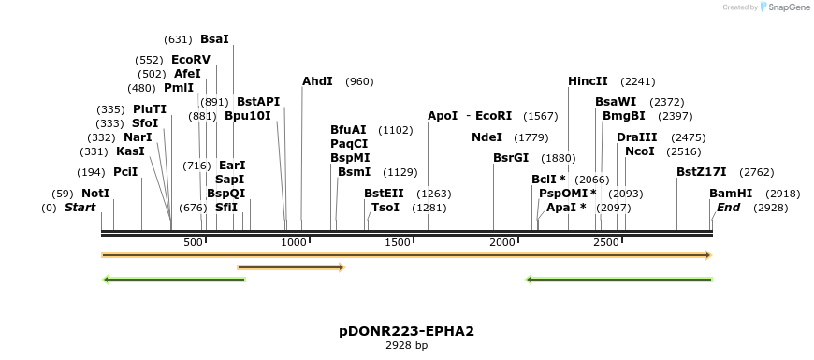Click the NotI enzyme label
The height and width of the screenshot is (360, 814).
[95, 194]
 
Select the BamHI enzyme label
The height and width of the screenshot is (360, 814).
[731, 194]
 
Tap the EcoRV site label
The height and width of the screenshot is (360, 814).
[191, 60]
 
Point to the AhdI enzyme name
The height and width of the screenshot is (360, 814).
[317, 81]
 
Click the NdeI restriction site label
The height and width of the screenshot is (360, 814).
[487, 137]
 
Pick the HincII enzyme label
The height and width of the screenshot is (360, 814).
[588, 81]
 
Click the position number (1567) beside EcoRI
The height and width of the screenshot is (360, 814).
[541, 116]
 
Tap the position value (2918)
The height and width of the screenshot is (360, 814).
[783, 194]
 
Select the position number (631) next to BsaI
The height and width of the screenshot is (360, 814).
[178, 39]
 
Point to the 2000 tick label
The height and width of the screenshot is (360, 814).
[502, 242]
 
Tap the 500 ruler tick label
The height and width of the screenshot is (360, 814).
[193, 242]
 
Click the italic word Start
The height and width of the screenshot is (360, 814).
[80, 208]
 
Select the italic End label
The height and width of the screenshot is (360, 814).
[728, 208]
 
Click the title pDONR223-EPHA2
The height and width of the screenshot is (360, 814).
[406, 331]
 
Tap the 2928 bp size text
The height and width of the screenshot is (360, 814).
[406, 345]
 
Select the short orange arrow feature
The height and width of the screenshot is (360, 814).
[291, 267]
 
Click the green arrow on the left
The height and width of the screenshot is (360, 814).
[174, 281]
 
